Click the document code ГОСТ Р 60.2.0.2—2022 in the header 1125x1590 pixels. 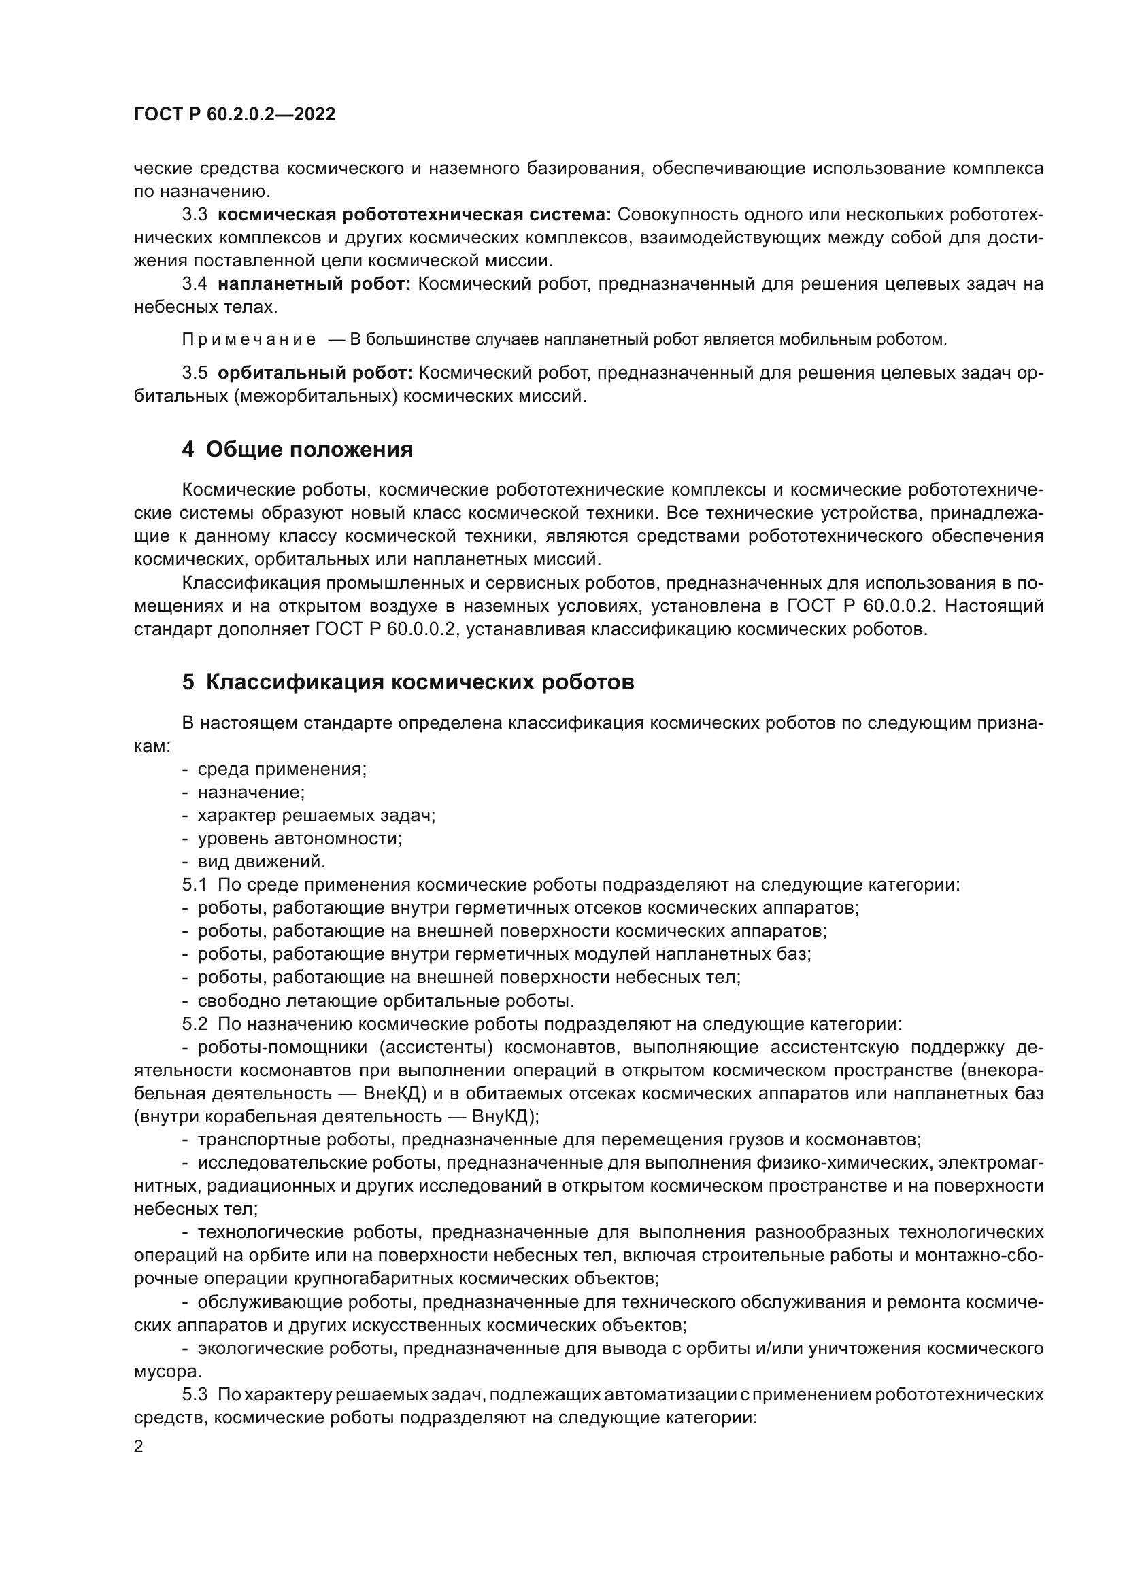234,115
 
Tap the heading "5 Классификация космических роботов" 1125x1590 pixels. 408,682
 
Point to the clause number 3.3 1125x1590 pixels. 195,215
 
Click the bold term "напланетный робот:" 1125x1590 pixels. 314,284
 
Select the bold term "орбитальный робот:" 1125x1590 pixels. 314,373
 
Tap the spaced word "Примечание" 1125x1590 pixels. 249,340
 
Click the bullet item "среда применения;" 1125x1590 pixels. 282,770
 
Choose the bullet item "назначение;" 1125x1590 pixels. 252,792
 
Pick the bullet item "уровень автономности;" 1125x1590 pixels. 300,839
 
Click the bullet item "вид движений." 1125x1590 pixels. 261,862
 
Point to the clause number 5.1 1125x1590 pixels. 195,885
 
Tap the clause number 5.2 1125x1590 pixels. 195,1024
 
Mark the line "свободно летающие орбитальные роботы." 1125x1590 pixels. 385,1001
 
